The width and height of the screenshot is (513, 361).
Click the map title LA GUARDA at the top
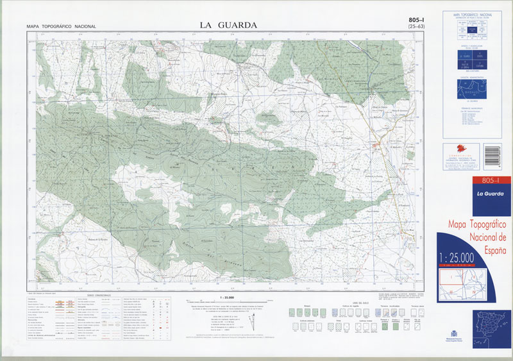228,25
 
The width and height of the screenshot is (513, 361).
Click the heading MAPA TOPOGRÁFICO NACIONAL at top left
61,26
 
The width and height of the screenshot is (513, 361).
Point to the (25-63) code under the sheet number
418,28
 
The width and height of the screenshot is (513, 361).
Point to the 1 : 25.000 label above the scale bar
228,298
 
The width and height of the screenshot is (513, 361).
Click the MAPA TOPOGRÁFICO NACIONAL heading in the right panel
475,13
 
